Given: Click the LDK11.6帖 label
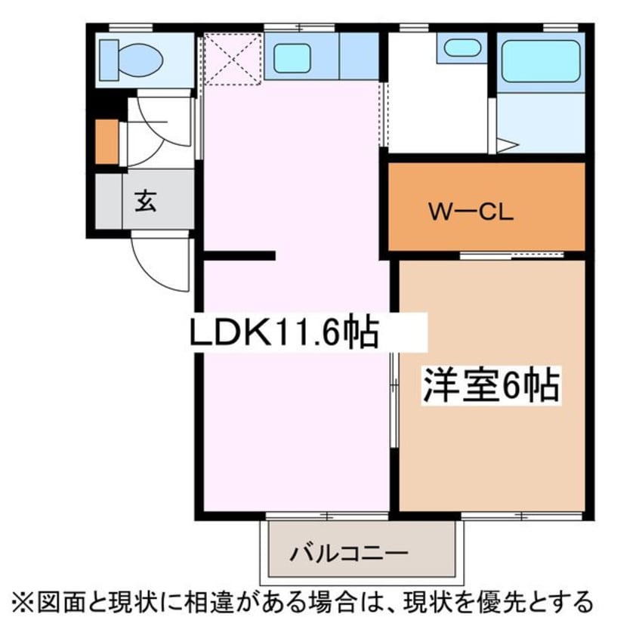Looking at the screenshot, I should click(x=283, y=332).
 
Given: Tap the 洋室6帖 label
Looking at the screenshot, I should click(x=490, y=387).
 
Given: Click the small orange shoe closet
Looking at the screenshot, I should click(x=106, y=141).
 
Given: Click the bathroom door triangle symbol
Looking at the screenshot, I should click(x=505, y=143).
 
